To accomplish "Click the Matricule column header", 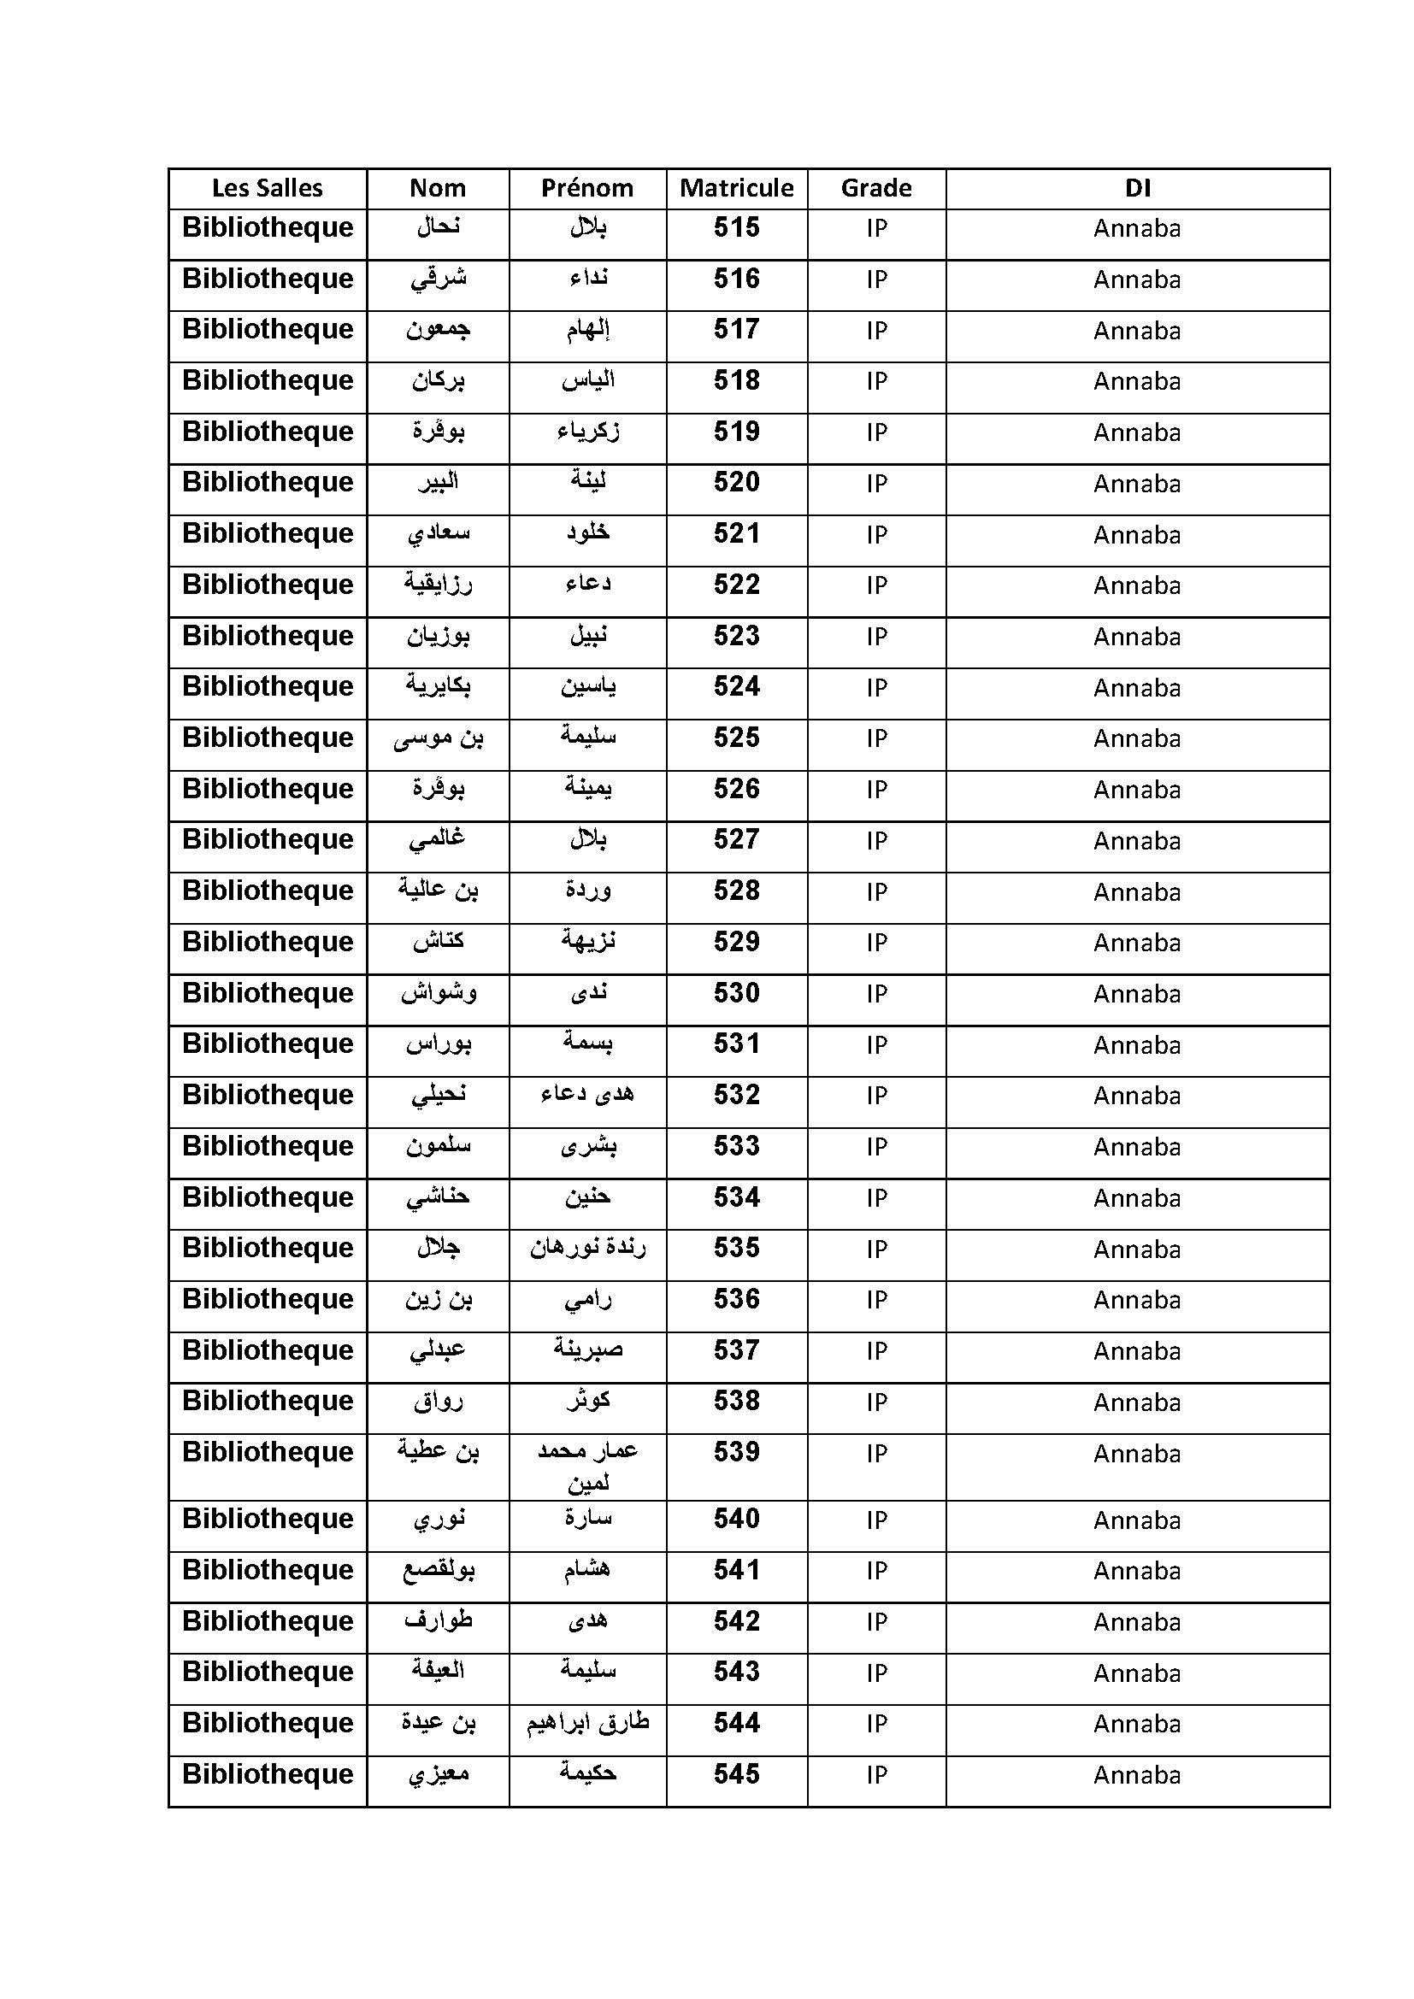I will point(737,188).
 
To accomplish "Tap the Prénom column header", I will point(587,188).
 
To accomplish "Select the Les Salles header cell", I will point(268,188).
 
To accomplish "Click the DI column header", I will point(1137,188).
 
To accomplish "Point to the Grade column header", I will point(876,188).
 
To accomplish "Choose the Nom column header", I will point(438,188).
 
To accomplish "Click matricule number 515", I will point(737,228).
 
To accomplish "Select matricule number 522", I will point(737,585).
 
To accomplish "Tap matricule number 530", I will point(737,993).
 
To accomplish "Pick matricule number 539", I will point(737,1452).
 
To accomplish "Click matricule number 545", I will point(737,1774).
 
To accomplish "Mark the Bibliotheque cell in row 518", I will point(268,381).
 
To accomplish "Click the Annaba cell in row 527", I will point(1137,841).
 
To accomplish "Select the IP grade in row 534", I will point(876,1198).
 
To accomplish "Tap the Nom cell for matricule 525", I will point(438,738).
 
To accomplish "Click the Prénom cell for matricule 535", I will point(587,1249).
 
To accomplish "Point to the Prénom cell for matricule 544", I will point(587,1723).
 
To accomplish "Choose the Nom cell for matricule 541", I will point(438,1571).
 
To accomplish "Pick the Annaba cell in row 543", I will point(1137,1673).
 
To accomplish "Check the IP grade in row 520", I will point(876,484).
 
